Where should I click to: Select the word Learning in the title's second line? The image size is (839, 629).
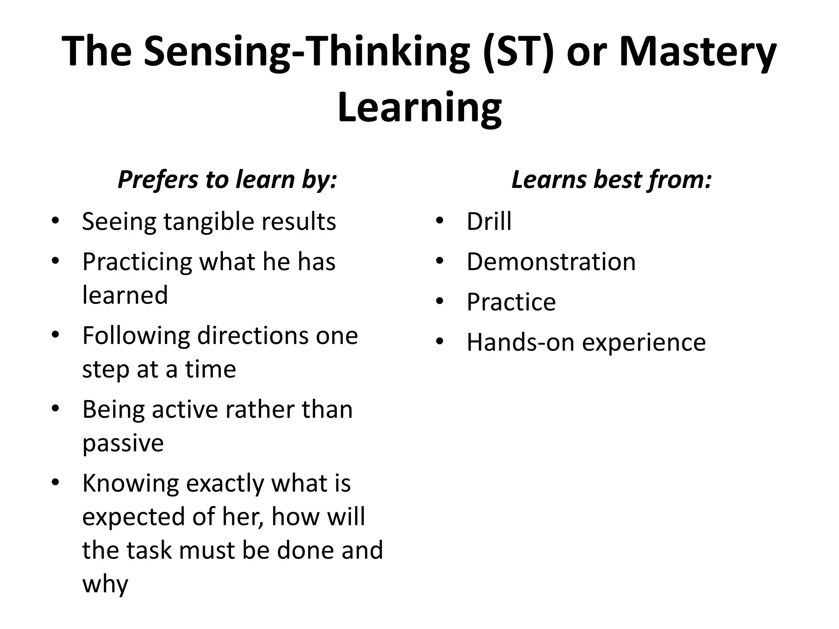pos(419,107)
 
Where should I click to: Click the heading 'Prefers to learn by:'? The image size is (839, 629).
pos(227,179)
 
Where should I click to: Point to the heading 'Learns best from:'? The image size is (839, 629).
pos(612,179)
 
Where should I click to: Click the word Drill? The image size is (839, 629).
pos(489,222)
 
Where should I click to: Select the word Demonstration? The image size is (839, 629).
pos(551,262)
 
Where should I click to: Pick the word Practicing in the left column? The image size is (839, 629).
pos(137,262)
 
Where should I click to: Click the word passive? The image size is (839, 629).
pos(123,443)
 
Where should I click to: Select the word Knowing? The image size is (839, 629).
pos(131,484)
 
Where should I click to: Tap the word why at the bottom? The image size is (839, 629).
pos(105,584)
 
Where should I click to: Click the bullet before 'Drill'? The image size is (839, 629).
pos(440,221)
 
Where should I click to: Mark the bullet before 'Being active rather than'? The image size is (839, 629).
pos(56,409)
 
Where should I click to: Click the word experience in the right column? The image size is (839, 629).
pos(644,343)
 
